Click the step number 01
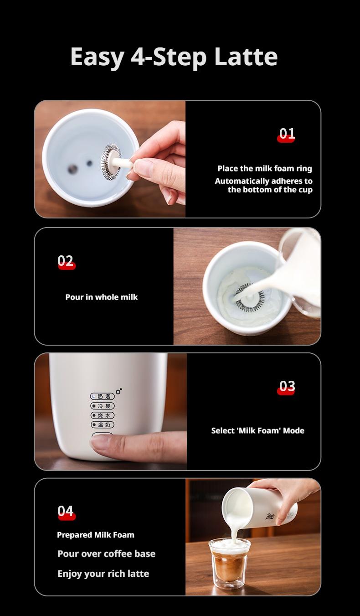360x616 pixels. [287, 134]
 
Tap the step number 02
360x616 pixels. [66, 261]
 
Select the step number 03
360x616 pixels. [287, 386]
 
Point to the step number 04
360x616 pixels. [66, 511]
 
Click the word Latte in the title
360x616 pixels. [246, 57]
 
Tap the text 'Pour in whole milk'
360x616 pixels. [102, 297]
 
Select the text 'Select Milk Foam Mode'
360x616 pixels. [258, 430]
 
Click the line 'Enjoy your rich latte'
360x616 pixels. [103, 574]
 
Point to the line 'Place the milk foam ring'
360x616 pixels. [265, 168]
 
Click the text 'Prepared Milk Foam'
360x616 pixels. [96, 534]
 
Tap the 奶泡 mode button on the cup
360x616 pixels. [102, 396]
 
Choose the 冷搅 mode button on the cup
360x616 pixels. [102, 406]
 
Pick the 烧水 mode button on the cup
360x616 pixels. [102, 415]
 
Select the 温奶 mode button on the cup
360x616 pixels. [102, 425]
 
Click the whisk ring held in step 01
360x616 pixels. [111, 162]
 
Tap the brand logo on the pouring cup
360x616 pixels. [270, 517]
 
